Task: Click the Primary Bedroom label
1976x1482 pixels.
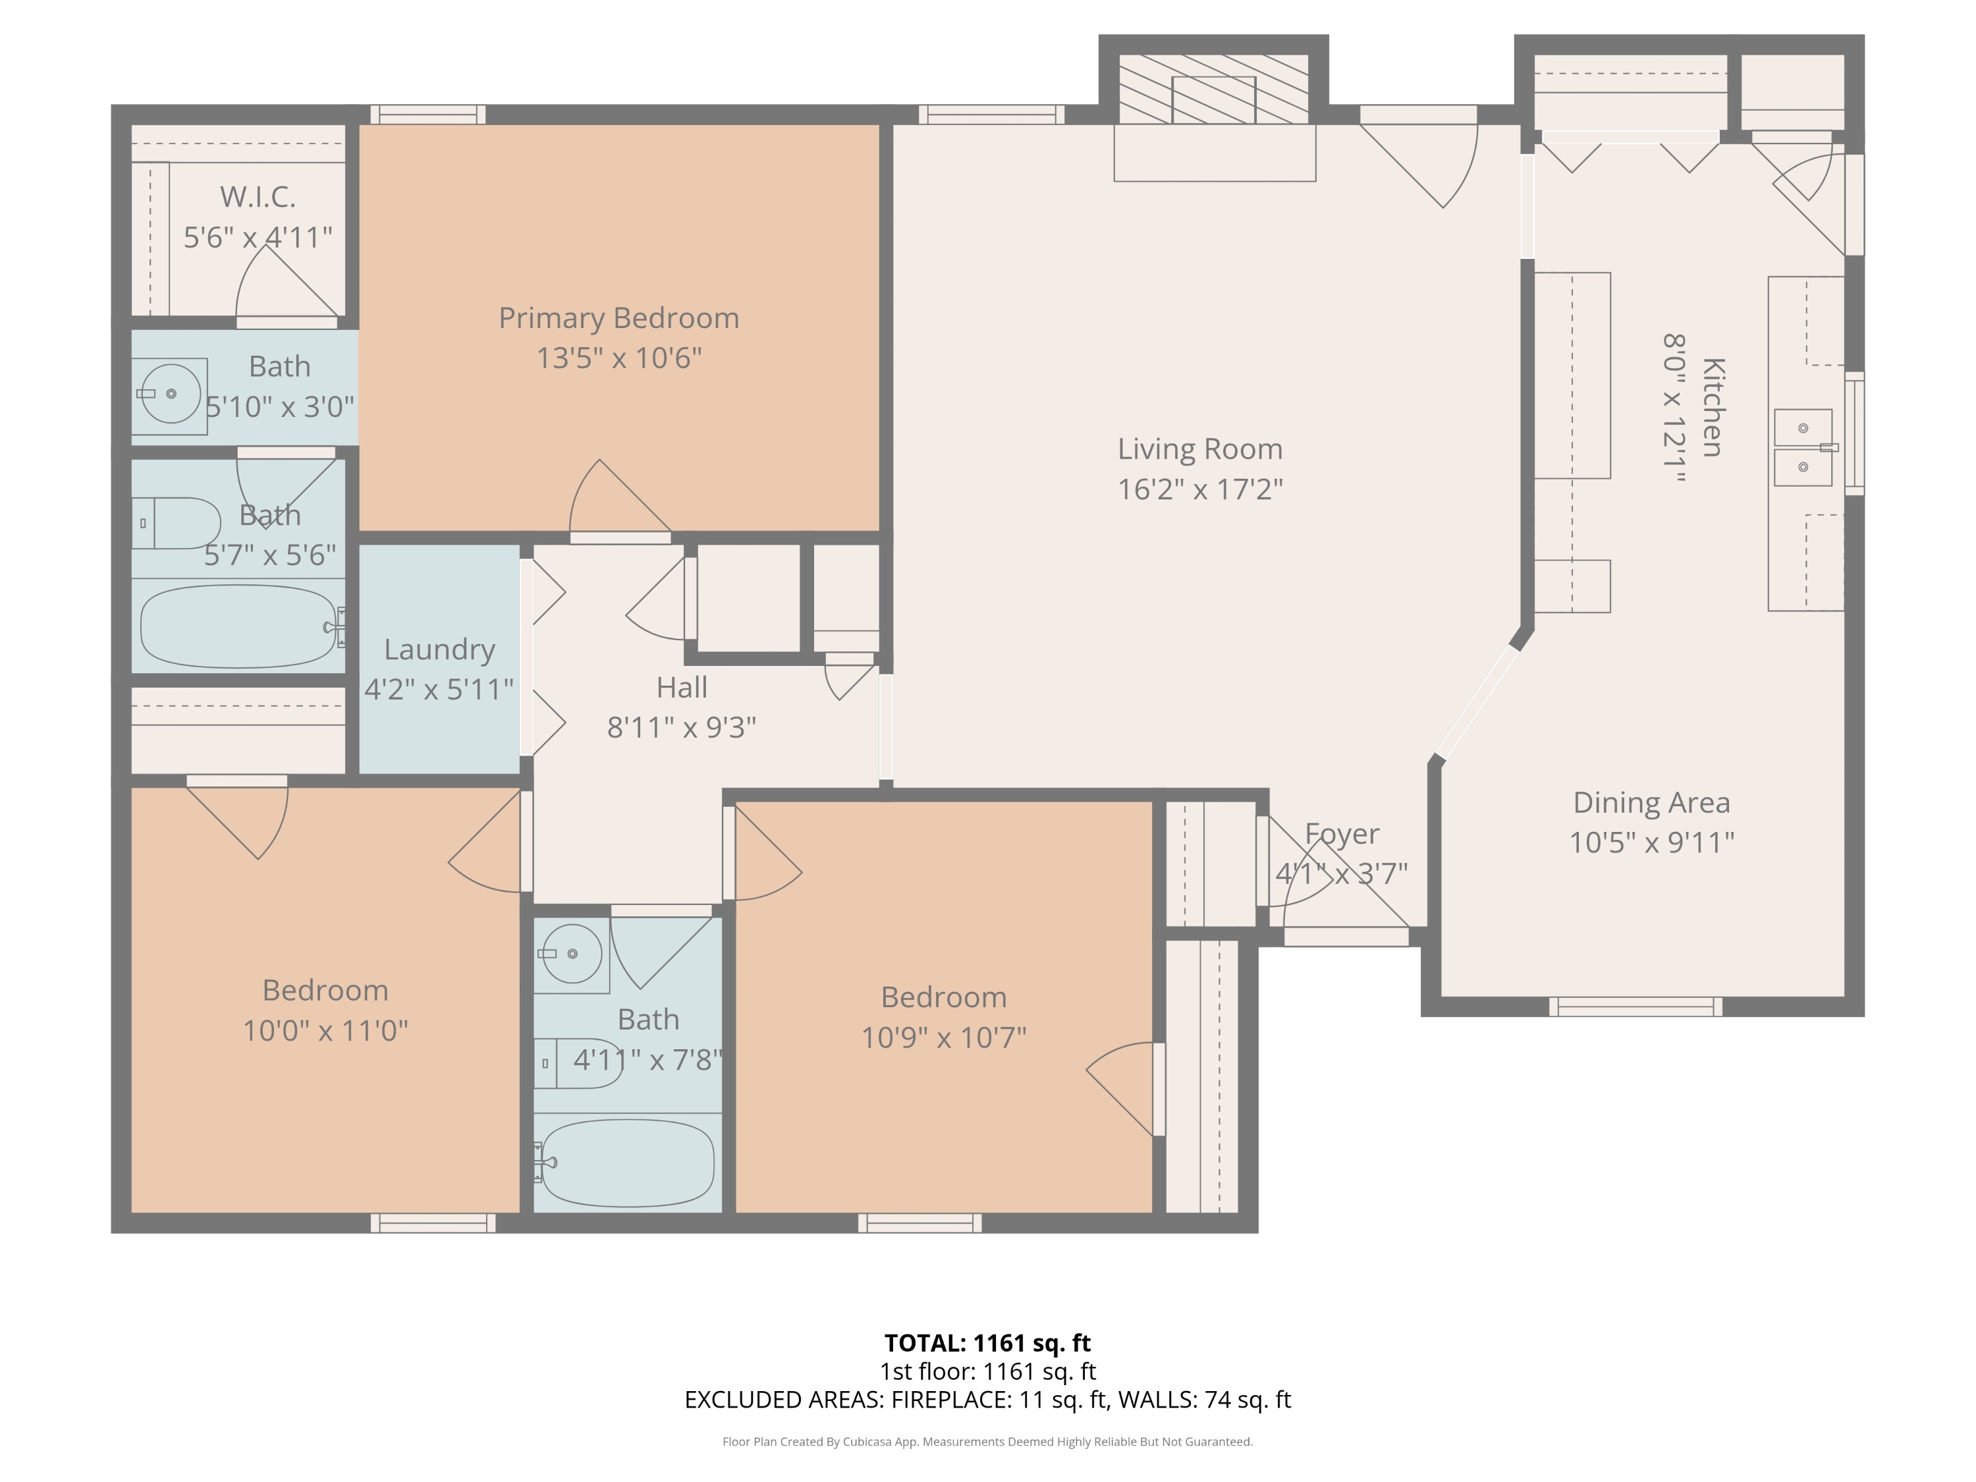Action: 618,318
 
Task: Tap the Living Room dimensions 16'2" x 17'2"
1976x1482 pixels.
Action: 1199,489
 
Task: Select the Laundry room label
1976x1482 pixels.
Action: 439,650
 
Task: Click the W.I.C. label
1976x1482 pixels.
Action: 258,196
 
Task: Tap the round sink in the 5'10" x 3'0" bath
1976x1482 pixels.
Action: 171,393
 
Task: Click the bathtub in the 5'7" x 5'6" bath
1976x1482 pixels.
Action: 239,626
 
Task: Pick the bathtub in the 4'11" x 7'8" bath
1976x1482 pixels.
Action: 628,1162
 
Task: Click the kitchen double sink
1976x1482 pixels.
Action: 1803,447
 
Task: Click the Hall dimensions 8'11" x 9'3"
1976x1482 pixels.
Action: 682,728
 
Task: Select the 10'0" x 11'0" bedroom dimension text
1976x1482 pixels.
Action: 325,1031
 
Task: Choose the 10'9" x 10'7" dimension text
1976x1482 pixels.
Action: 943,1038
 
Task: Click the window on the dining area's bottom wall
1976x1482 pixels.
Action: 1635,1006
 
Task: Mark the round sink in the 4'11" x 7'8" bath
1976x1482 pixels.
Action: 572,954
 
